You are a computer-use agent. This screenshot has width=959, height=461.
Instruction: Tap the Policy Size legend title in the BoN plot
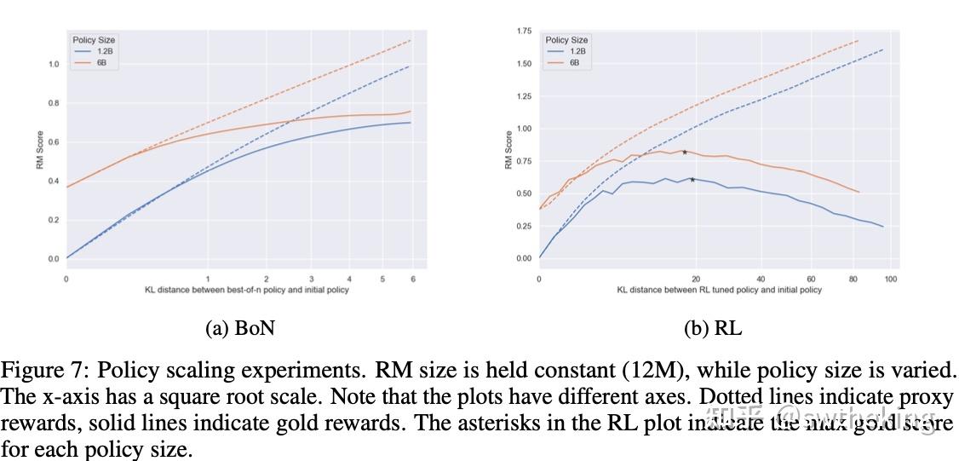pyautogui.click(x=93, y=40)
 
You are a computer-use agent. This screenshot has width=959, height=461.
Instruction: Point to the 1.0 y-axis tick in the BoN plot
pyautogui.click(x=54, y=65)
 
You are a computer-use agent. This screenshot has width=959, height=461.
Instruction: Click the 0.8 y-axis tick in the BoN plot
pyautogui.click(x=54, y=104)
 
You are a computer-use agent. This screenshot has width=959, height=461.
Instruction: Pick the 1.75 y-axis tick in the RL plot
pyautogui.click(x=524, y=32)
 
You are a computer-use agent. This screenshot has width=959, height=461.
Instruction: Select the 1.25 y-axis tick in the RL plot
pyautogui.click(x=524, y=96)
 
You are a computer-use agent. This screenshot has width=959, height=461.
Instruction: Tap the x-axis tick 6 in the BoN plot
pyautogui.click(x=413, y=279)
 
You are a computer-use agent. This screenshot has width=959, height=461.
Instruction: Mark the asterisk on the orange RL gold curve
pyautogui.click(x=684, y=153)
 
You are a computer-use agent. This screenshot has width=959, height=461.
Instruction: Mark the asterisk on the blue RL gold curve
pyautogui.click(x=692, y=180)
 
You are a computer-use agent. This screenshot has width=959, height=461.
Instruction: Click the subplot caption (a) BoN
pyautogui.click(x=242, y=328)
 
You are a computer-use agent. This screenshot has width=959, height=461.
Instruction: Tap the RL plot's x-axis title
pyautogui.click(x=720, y=291)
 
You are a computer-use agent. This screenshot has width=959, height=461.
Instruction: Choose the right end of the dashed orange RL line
pyautogui.click(x=858, y=41)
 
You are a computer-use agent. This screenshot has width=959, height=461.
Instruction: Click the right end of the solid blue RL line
pyautogui.click(x=883, y=227)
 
